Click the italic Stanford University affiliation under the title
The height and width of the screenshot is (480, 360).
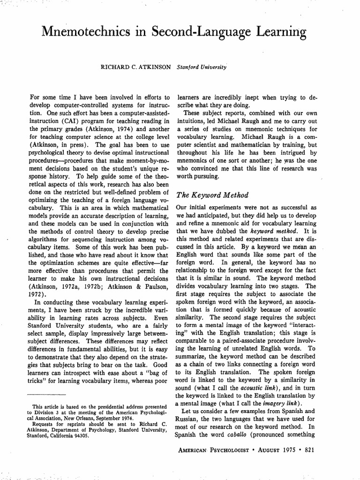(202, 67)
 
